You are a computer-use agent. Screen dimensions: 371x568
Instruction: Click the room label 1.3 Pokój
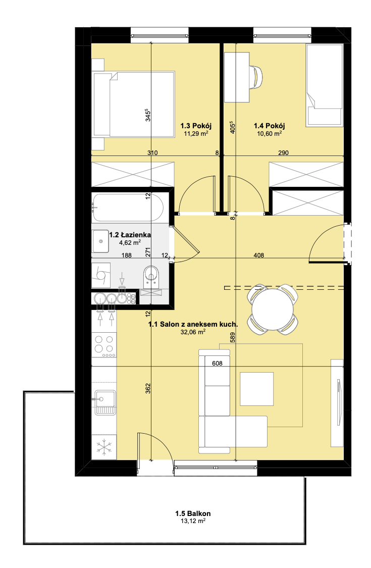coord(196,126)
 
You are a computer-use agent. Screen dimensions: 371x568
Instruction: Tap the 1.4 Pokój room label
coord(269,126)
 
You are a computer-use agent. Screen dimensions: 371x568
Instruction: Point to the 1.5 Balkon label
coord(193,513)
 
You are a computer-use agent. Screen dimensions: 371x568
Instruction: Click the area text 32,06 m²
coord(193,332)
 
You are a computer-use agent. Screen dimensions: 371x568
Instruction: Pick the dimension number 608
coord(217,364)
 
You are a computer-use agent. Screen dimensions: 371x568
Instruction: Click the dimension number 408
coord(258,255)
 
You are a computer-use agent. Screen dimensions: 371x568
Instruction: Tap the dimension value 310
coord(152,153)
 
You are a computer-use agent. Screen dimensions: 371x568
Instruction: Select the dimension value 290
coord(283,153)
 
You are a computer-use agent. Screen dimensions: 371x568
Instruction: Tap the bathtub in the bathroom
coord(128,208)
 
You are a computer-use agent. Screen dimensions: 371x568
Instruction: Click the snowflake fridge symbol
coord(104,448)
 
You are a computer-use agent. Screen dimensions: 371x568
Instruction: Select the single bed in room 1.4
coord(324,85)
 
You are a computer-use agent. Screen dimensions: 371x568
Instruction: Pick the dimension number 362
coord(147,388)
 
